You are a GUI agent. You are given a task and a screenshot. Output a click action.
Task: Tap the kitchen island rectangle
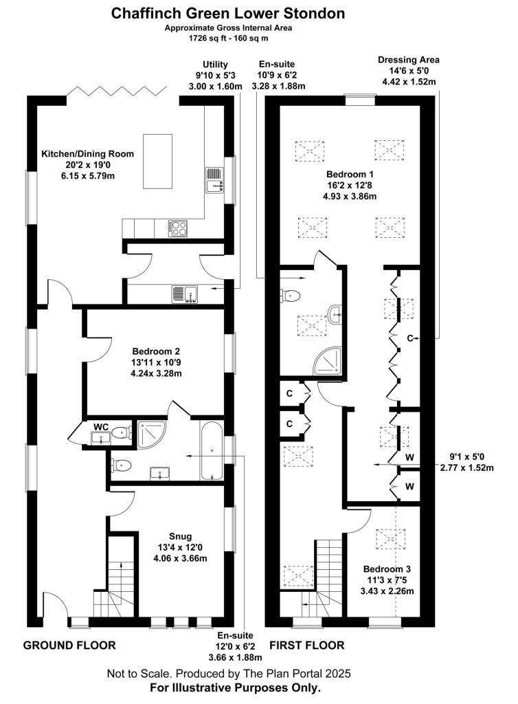[x=157, y=161]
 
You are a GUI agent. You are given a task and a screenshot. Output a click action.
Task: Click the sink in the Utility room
[x=185, y=294]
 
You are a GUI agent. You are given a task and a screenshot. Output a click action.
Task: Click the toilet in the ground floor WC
[x=121, y=433]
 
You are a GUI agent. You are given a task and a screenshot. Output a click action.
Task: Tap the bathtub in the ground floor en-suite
[x=211, y=450]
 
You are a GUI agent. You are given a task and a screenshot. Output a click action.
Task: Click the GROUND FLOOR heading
[x=69, y=645]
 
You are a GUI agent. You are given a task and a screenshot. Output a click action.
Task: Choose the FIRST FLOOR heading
[x=307, y=645]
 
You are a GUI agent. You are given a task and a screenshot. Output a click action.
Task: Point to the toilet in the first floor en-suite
[x=291, y=296]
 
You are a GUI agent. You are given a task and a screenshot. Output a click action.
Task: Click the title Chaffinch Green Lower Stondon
[x=228, y=14]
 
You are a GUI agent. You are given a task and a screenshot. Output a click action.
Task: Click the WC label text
[x=101, y=426]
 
